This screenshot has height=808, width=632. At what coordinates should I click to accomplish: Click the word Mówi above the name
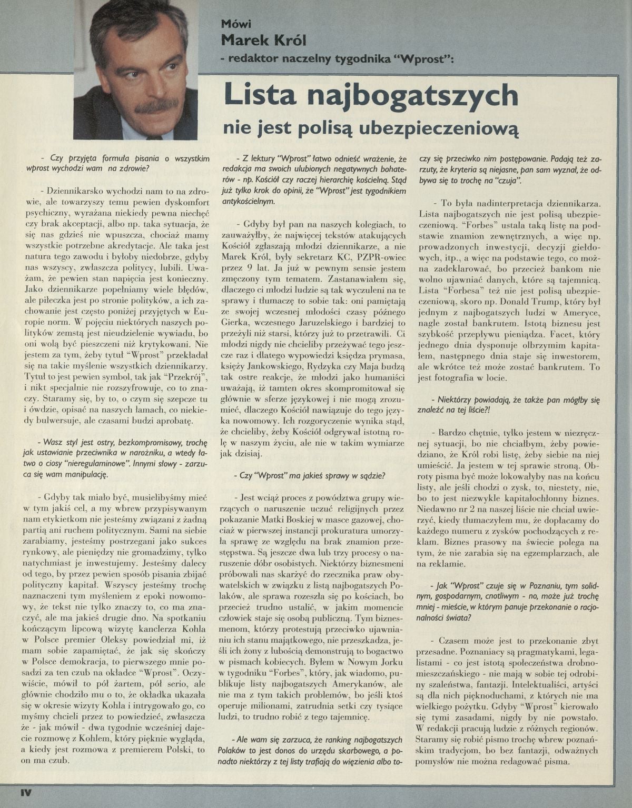(236, 23)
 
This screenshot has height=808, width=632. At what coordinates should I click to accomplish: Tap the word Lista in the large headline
(259, 96)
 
